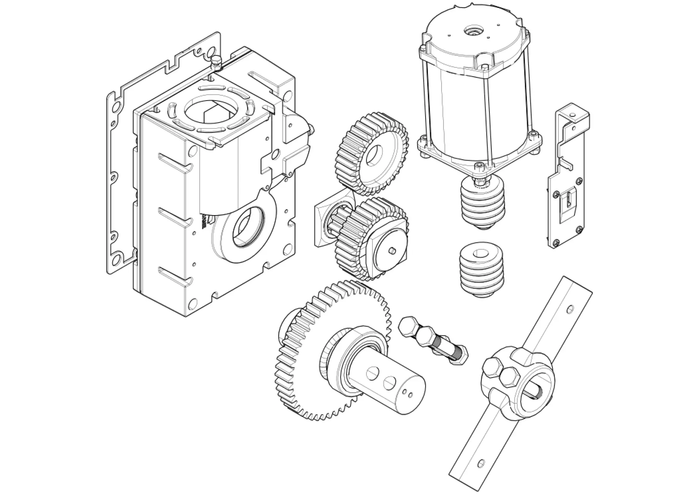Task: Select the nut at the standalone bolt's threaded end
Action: click(461, 356)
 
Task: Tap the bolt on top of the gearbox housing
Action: click(216, 61)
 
